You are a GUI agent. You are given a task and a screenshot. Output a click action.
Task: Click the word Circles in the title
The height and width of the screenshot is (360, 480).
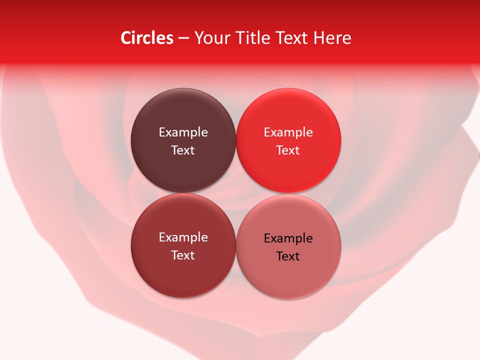pos(147,38)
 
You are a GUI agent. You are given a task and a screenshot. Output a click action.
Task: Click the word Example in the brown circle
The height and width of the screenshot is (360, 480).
pos(183,132)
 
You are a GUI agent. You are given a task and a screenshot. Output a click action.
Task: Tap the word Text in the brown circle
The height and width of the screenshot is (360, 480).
pos(183,150)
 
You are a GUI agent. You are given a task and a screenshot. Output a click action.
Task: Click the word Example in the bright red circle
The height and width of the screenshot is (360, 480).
pos(288,132)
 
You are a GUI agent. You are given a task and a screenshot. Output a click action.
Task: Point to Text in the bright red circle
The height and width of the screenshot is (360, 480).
pos(288,150)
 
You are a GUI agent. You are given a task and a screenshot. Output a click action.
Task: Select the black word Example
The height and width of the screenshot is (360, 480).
pos(288,238)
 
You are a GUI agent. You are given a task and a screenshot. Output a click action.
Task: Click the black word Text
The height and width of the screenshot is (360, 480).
pos(288,256)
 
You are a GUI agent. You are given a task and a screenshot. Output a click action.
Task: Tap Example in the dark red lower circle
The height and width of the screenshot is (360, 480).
pos(183,237)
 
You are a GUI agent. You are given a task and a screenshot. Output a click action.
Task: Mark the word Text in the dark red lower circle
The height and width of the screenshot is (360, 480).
pos(183,255)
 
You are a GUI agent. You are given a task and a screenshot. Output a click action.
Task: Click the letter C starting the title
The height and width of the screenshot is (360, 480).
pos(126,38)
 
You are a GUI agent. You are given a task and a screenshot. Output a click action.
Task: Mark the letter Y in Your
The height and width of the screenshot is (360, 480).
pos(198,38)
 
